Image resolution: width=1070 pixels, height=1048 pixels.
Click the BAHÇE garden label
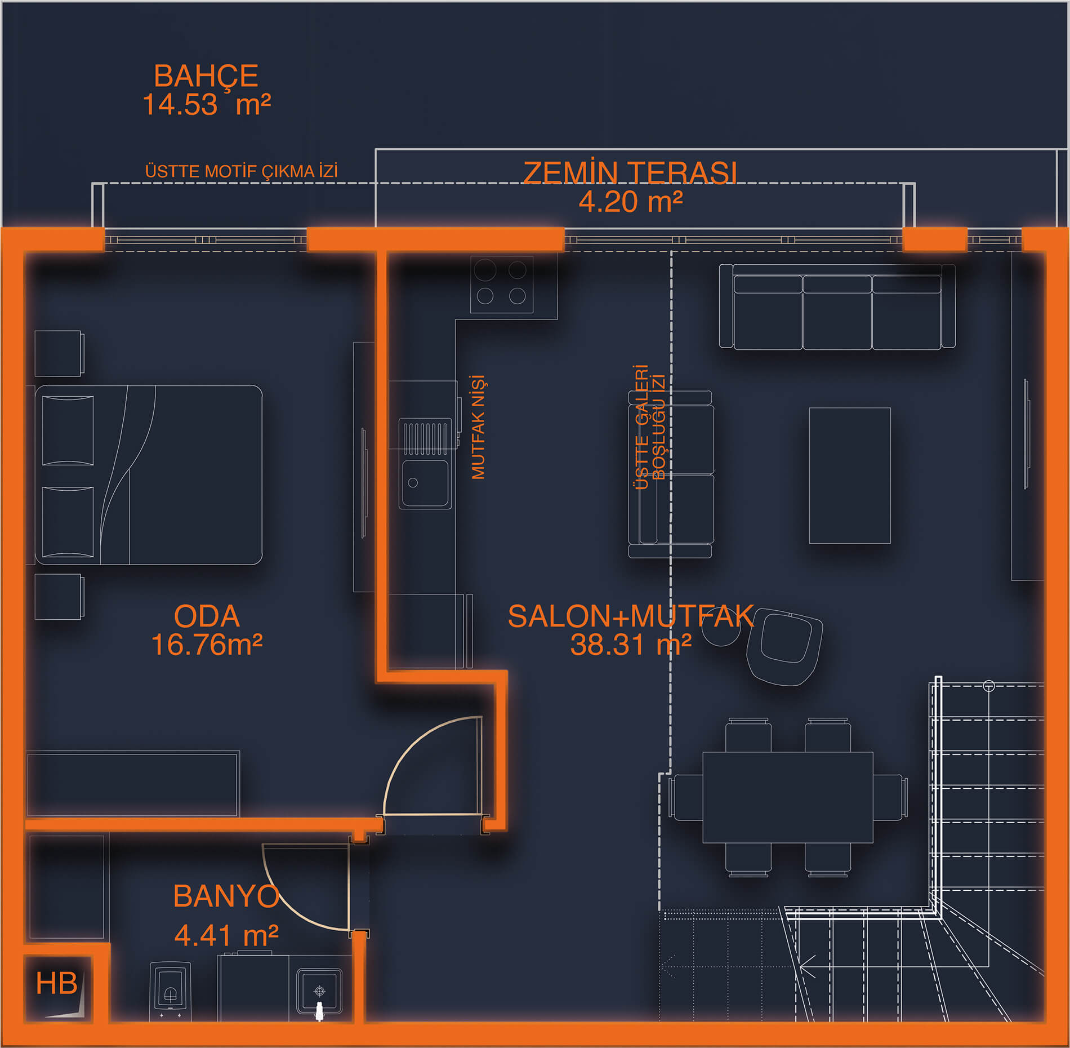pyautogui.click(x=206, y=76)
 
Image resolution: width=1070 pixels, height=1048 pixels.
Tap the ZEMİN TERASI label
pyautogui.click(x=630, y=173)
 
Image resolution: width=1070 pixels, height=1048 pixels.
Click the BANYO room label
pyautogui.click(x=226, y=896)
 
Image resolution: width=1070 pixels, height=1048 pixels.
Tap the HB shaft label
pyautogui.click(x=56, y=983)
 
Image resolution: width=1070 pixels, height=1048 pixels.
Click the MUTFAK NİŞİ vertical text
pyautogui.click(x=478, y=427)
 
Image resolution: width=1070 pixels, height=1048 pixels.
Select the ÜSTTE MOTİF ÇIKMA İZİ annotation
pyautogui.click(x=241, y=171)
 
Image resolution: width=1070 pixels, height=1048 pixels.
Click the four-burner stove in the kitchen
pyautogui.click(x=501, y=283)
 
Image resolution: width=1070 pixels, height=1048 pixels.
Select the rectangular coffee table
pyautogui.click(x=849, y=476)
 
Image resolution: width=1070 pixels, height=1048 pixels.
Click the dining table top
pyautogui.click(x=787, y=797)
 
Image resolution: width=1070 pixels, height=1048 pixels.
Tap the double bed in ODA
pyautogui.click(x=149, y=474)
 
